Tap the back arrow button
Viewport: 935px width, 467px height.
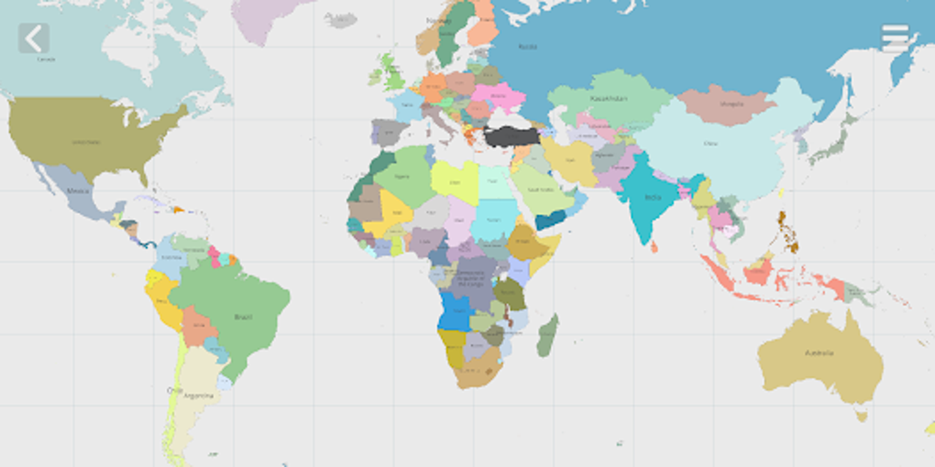(34, 38)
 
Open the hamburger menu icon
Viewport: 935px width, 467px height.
(895, 38)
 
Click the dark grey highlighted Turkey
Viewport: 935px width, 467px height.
(513, 136)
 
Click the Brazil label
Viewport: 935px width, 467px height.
(243, 317)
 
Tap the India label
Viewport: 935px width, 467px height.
(653, 197)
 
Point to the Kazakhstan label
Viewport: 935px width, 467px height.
(609, 98)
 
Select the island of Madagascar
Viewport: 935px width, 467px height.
(547, 335)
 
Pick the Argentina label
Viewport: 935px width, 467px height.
(198, 396)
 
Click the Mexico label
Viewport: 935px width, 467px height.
(78, 191)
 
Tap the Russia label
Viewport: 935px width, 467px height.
(528, 46)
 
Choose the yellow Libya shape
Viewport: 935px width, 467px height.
(455, 182)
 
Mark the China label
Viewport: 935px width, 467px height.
(710, 144)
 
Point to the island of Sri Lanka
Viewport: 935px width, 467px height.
(653, 246)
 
